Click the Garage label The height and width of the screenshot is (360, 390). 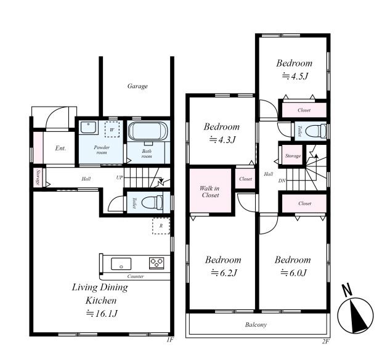pyautogui.click(x=137, y=86)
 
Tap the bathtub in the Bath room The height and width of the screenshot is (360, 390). pyautogui.click(x=148, y=131)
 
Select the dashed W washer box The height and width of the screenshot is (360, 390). pyautogui.click(x=112, y=129)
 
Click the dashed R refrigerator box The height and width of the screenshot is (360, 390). pyautogui.click(x=161, y=226)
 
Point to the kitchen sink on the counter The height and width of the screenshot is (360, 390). pyautogui.click(x=121, y=264)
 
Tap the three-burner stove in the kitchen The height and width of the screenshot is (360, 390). pyautogui.click(x=156, y=263)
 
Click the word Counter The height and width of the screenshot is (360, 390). pyautogui.click(x=136, y=276)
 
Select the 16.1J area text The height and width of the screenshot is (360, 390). pyautogui.click(x=102, y=314)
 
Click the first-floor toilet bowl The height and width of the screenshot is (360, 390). pyautogui.click(x=152, y=202)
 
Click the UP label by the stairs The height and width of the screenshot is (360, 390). pyautogui.click(x=120, y=178)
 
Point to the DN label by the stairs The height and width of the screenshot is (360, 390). pyautogui.click(x=282, y=181)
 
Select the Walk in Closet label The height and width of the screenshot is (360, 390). pyautogui.click(x=210, y=192)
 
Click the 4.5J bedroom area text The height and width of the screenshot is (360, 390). pyautogui.click(x=295, y=76)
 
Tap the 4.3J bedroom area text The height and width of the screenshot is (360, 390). pyautogui.click(x=222, y=140)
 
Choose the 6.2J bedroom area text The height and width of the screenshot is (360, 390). pyautogui.click(x=224, y=273)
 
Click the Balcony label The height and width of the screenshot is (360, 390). pyautogui.click(x=256, y=325)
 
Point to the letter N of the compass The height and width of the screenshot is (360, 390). pyautogui.click(x=347, y=290)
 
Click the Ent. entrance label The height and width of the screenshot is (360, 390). pyautogui.click(x=60, y=149)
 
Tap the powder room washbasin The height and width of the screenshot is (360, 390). pyautogui.click(x=88, y=127)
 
